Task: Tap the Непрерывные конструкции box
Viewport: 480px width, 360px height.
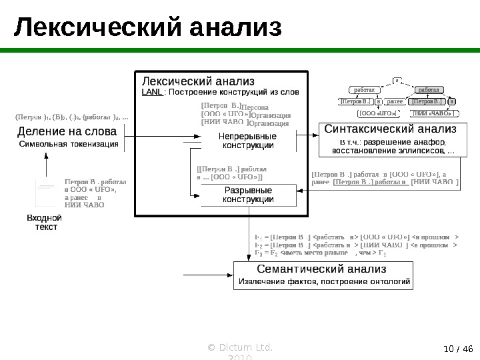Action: pos(247,141)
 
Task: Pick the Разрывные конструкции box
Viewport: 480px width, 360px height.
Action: pos(247,195)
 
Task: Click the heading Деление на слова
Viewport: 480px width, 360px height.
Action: pos(65,132)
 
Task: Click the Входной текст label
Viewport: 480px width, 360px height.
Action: pos(44,223)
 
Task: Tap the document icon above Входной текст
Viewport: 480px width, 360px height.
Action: pos(46,194)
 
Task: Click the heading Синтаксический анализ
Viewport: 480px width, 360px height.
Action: pos(391,129)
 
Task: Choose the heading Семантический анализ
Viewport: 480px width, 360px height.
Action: pos(324,269)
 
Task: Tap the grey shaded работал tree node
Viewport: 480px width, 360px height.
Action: pos(429,89)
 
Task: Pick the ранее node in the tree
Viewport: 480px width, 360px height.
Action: pos(395,102)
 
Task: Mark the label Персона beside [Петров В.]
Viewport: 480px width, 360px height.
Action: pos(254,107)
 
